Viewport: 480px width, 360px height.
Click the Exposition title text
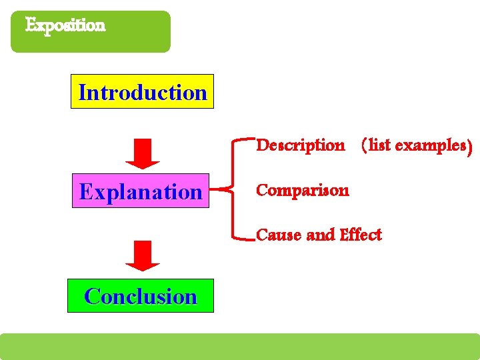click(65, 25)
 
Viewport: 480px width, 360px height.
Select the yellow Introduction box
click(142, 92)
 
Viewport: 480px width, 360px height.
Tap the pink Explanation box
click(141, 191)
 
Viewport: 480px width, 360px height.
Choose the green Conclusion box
click(141, 296)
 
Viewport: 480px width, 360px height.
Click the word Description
click(301, 145)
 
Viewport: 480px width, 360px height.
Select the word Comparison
click(302, 191)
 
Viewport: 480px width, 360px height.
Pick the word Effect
click(361, 235)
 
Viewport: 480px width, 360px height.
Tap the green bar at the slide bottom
click(240, 347)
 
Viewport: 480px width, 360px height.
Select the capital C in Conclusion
click(92, 296)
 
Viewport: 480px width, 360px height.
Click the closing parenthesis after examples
click(470, 145)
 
